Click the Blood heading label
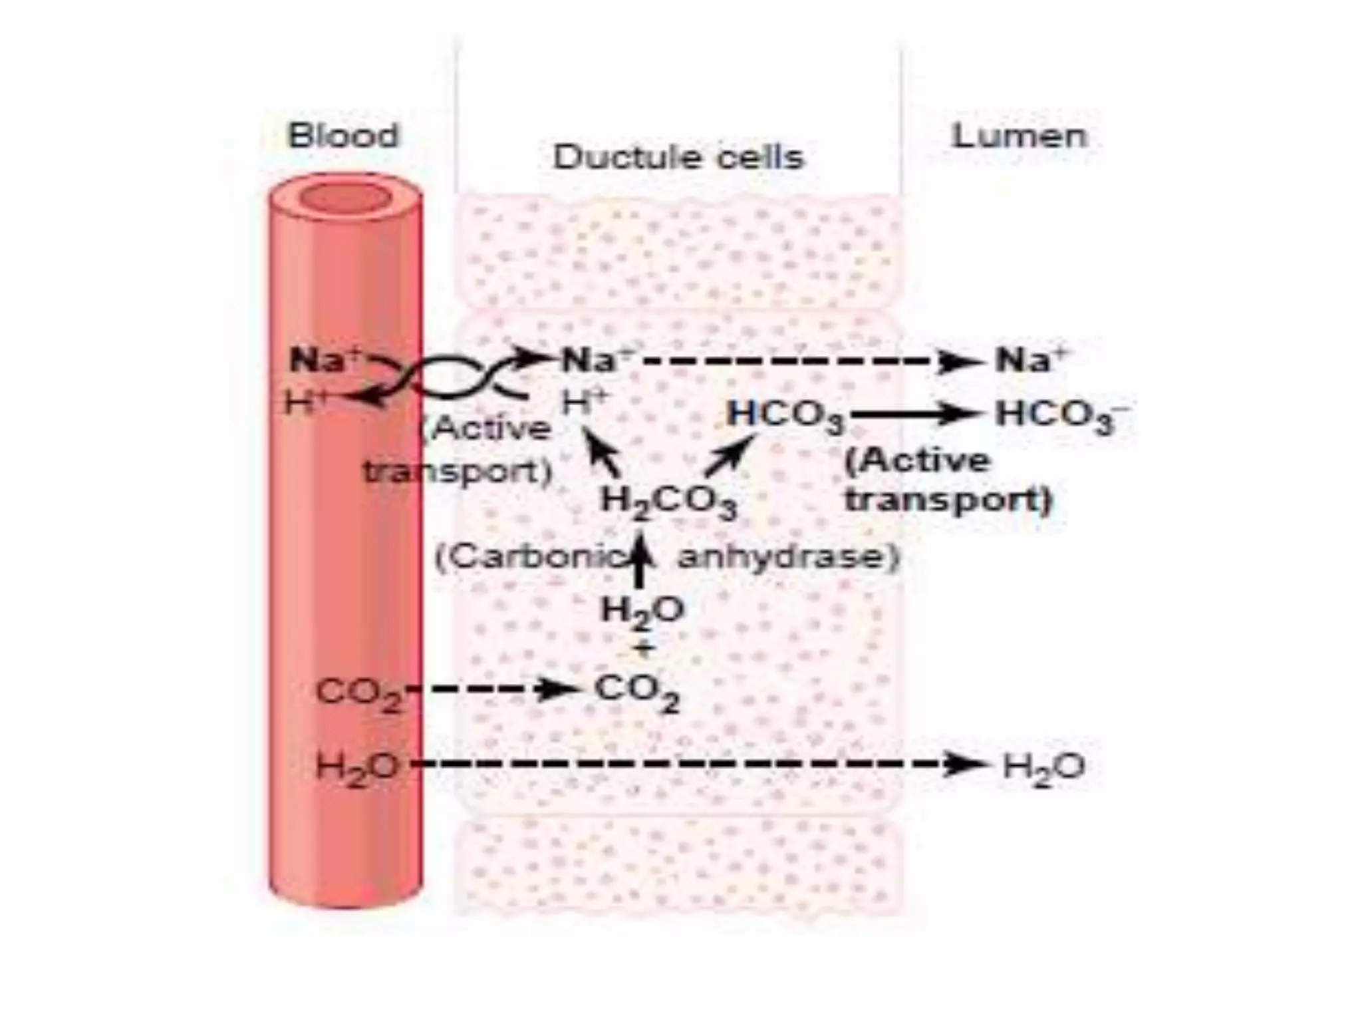click(x=343, y=136)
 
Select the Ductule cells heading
click(x=678, y=158)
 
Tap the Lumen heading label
click(x=1020, y=136)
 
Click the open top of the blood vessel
click(x=344, y=198)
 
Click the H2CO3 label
click(x=668, y=502)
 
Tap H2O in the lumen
click(x=1043, y=767)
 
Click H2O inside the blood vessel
click(x=357, y=767)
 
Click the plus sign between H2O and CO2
click(x=642, y=649)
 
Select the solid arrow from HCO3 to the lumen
click(x=914, y=414)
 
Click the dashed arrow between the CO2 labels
click(x=495, y=689)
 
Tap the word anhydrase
click(x=787, y=557)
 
